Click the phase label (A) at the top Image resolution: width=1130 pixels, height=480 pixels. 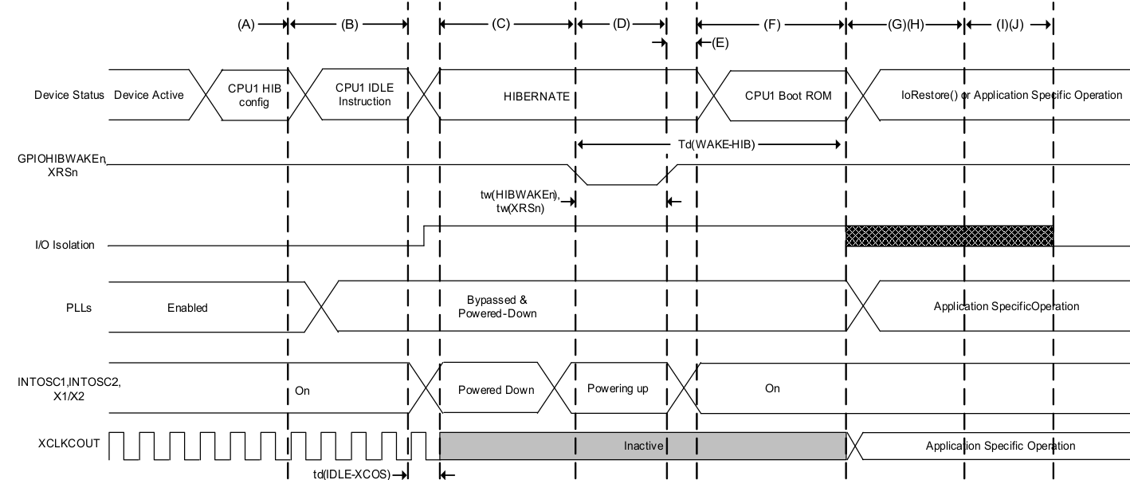coord(245,24)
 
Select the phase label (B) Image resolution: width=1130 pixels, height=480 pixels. coord(349,24)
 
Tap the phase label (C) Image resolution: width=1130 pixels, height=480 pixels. coord(500,24)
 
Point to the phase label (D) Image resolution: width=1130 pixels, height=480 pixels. coord(621,24)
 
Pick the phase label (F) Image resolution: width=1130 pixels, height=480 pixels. coord(771,24)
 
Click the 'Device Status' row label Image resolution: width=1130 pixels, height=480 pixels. coord(69,95)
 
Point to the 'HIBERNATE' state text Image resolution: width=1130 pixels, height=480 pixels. coord(536,96)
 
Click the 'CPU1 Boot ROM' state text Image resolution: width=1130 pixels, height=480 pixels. coord(788,96)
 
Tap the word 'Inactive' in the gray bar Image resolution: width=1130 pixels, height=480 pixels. coord(643,446)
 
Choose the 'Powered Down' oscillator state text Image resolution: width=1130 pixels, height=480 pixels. coord(496,390)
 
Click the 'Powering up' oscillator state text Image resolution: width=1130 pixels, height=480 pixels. coord(618,389)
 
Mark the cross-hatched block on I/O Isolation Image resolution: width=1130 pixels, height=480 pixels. coord(949,236)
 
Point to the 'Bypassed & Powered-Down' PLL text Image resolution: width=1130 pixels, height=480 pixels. coord(497,307)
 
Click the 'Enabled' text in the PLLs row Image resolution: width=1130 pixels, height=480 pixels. coord(187,307)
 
